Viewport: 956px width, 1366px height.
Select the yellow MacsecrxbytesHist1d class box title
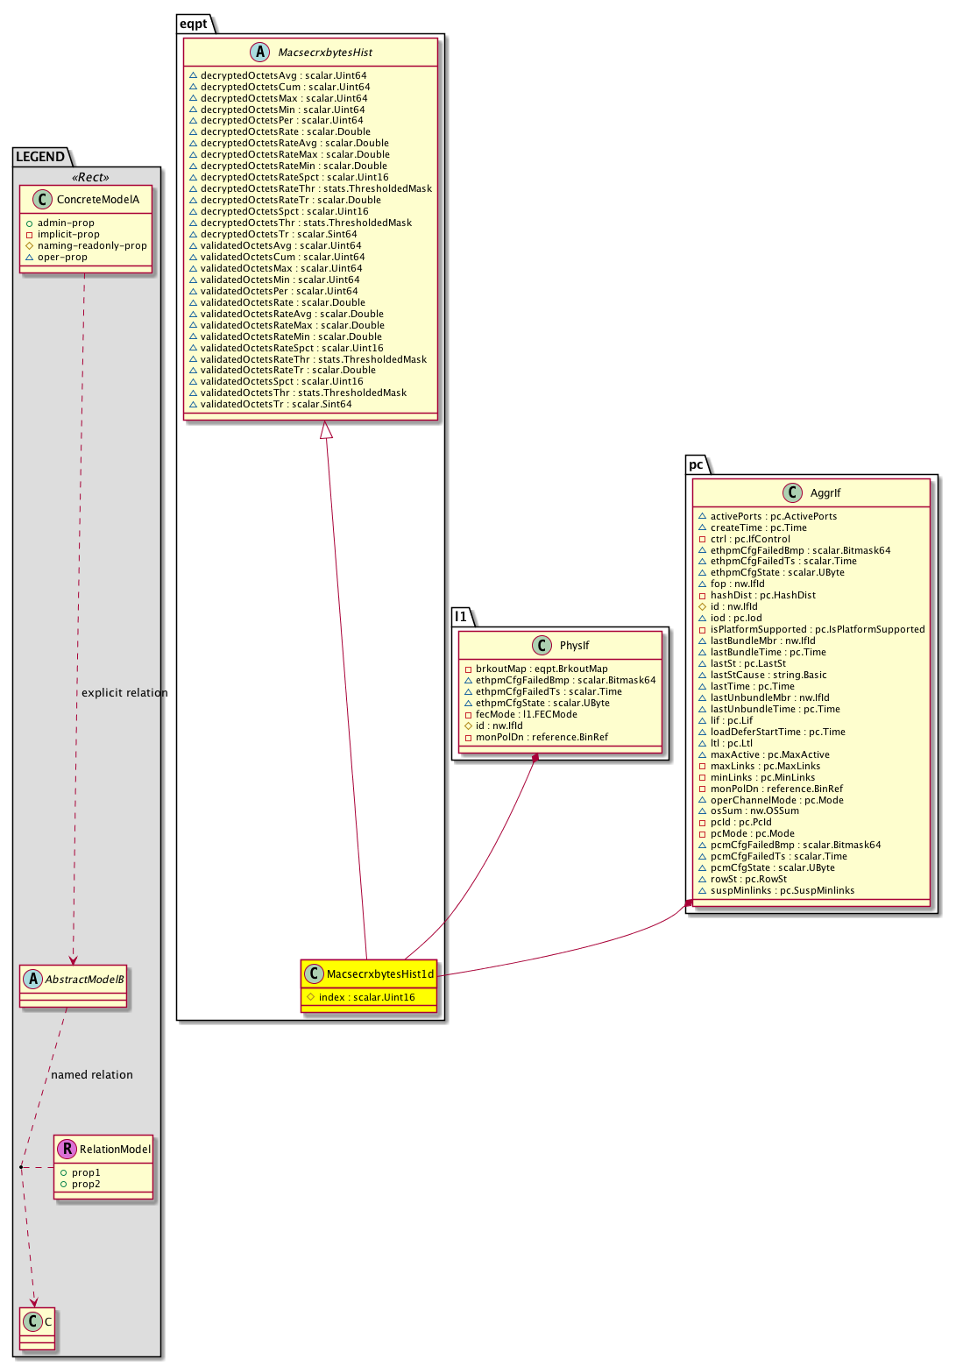pyautogui.click(x=379, y=974)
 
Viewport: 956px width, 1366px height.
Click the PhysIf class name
pyautogui.click(x=574, y=646)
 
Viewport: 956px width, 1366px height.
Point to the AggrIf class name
pyautogui.click(x=825, y=493)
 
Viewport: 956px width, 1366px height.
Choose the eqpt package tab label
pyautogui.click(x=194, y=24)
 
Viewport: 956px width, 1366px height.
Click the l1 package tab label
pyautogui.click(x=462, y=616)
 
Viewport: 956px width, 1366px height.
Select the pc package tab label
pyautogui.click(x=696, y=464)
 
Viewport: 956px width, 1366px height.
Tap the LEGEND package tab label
pyautogui.click(x=40, y=157)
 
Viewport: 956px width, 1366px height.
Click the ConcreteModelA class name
pyautogui.click(x=98, y=200)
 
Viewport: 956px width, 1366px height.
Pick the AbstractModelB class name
pyautogui.click(x=84, y=980)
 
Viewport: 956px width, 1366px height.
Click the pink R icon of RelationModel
pyautogui.click(x=67, y=1149)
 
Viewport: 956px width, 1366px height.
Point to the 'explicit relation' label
pyautogui.click(x=124, y=693)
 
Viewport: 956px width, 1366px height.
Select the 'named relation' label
pyautogui.click(x=92, y=1075)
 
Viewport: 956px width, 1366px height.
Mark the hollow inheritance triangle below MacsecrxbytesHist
pyautogui.click(x=326, y=429)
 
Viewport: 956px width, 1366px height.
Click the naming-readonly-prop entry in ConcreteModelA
pyautogui.click(x=92, y=246)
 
